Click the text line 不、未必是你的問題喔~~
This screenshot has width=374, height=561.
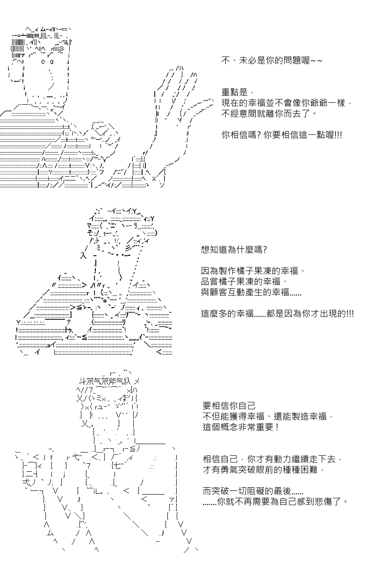click(x=272, y=61)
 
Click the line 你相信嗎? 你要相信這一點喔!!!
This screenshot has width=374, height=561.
click(x=281, y=135)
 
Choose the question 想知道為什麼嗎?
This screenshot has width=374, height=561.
click(x=234, y=250)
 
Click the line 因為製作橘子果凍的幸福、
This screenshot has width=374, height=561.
click(x=253, y=271)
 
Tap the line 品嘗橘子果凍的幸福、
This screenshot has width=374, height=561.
click(x=244, y=282)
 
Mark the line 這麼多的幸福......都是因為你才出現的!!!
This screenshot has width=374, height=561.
click(x=277, y=314)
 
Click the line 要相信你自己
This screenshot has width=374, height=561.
click(x=229, y=405)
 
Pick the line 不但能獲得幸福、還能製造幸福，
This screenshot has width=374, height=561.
click(x=268, y=416)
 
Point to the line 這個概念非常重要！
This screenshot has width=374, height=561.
click(x=241, y=427)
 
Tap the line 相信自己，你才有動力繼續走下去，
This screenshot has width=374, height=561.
click(x=273, y=459)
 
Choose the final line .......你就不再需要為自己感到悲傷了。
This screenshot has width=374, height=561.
click(x=275, y=502)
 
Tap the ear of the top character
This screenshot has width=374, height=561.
click(x=16, y=72)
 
